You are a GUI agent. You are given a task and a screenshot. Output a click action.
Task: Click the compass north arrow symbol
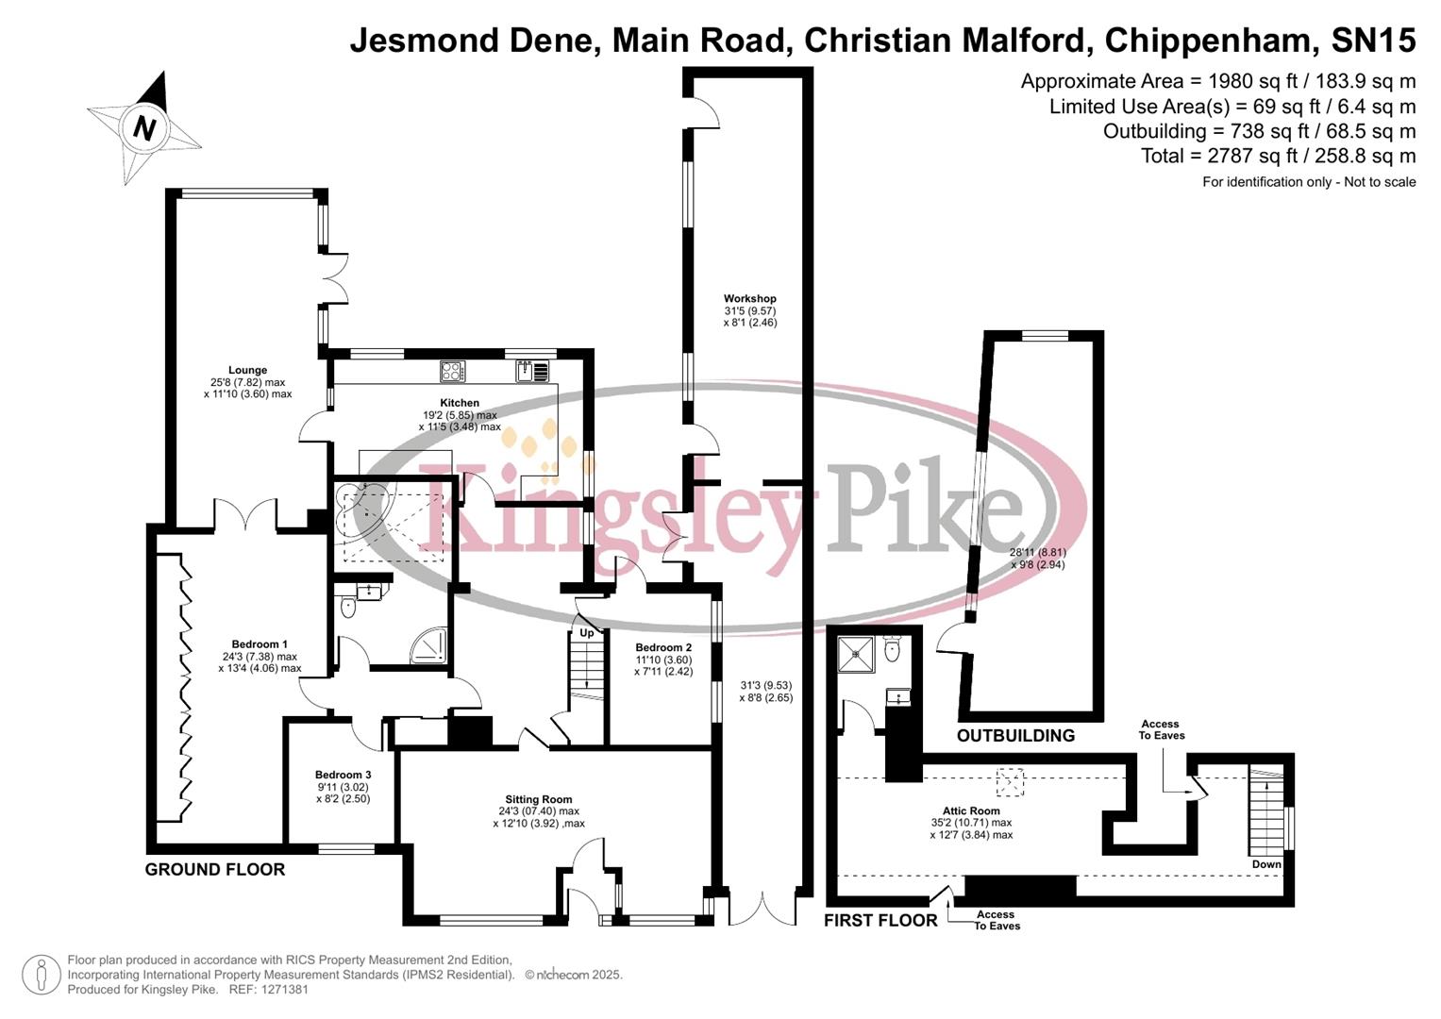[x=144, y=127]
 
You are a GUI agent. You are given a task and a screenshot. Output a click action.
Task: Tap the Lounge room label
[x=247, y=371]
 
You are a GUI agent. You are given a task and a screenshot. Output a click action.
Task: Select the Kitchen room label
[x=460, y=403]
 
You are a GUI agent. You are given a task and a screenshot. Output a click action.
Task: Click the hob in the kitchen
[x=453, y=372]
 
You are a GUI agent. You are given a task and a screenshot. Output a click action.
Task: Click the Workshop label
[x=750, y=299]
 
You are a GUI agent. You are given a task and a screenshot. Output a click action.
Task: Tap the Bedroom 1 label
[x=260, y=645]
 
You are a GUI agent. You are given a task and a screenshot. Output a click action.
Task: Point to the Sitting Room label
[x=539, y=799]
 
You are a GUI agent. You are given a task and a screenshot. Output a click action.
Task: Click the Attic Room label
[x=971, y=810]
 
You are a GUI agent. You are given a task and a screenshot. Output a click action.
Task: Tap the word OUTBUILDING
[x=1015, y=736]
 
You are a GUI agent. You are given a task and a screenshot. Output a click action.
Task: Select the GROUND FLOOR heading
[x=215, y=870]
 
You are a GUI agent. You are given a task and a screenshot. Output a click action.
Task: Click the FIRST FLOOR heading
[x=880, y=921]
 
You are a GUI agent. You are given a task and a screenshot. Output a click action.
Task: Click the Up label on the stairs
[x=587, y=632]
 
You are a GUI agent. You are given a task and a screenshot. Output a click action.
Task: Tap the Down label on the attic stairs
[x=1266, y=864]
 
